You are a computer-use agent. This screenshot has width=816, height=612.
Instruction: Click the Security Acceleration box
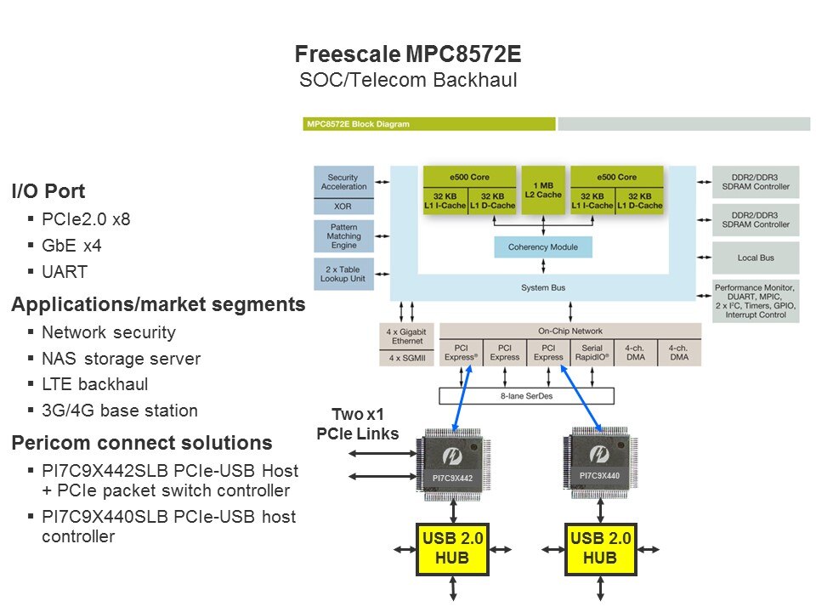coord(343,181)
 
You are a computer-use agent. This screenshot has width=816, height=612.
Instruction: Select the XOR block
coord(343,207)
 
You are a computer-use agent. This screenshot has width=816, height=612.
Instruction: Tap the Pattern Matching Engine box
coord(343,235)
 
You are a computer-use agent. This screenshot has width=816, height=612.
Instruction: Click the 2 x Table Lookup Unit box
coord(343,273)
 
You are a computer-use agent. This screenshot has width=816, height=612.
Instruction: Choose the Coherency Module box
coord(543,247)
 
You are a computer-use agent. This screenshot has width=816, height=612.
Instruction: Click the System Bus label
coord(543,288)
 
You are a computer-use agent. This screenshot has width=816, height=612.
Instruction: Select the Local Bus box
coord(756,257)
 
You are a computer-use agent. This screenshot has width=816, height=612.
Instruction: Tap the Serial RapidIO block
coord(592,352)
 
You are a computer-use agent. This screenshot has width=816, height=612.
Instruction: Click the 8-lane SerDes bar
coord(525,395)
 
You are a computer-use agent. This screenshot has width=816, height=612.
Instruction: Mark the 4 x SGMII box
coord(407,358)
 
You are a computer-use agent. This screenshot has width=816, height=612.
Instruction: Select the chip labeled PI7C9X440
coord(598,462)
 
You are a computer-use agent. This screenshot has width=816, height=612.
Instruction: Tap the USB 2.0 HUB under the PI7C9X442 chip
coord(453,548)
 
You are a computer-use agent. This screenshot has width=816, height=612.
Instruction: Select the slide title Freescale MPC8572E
coord(407,55)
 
